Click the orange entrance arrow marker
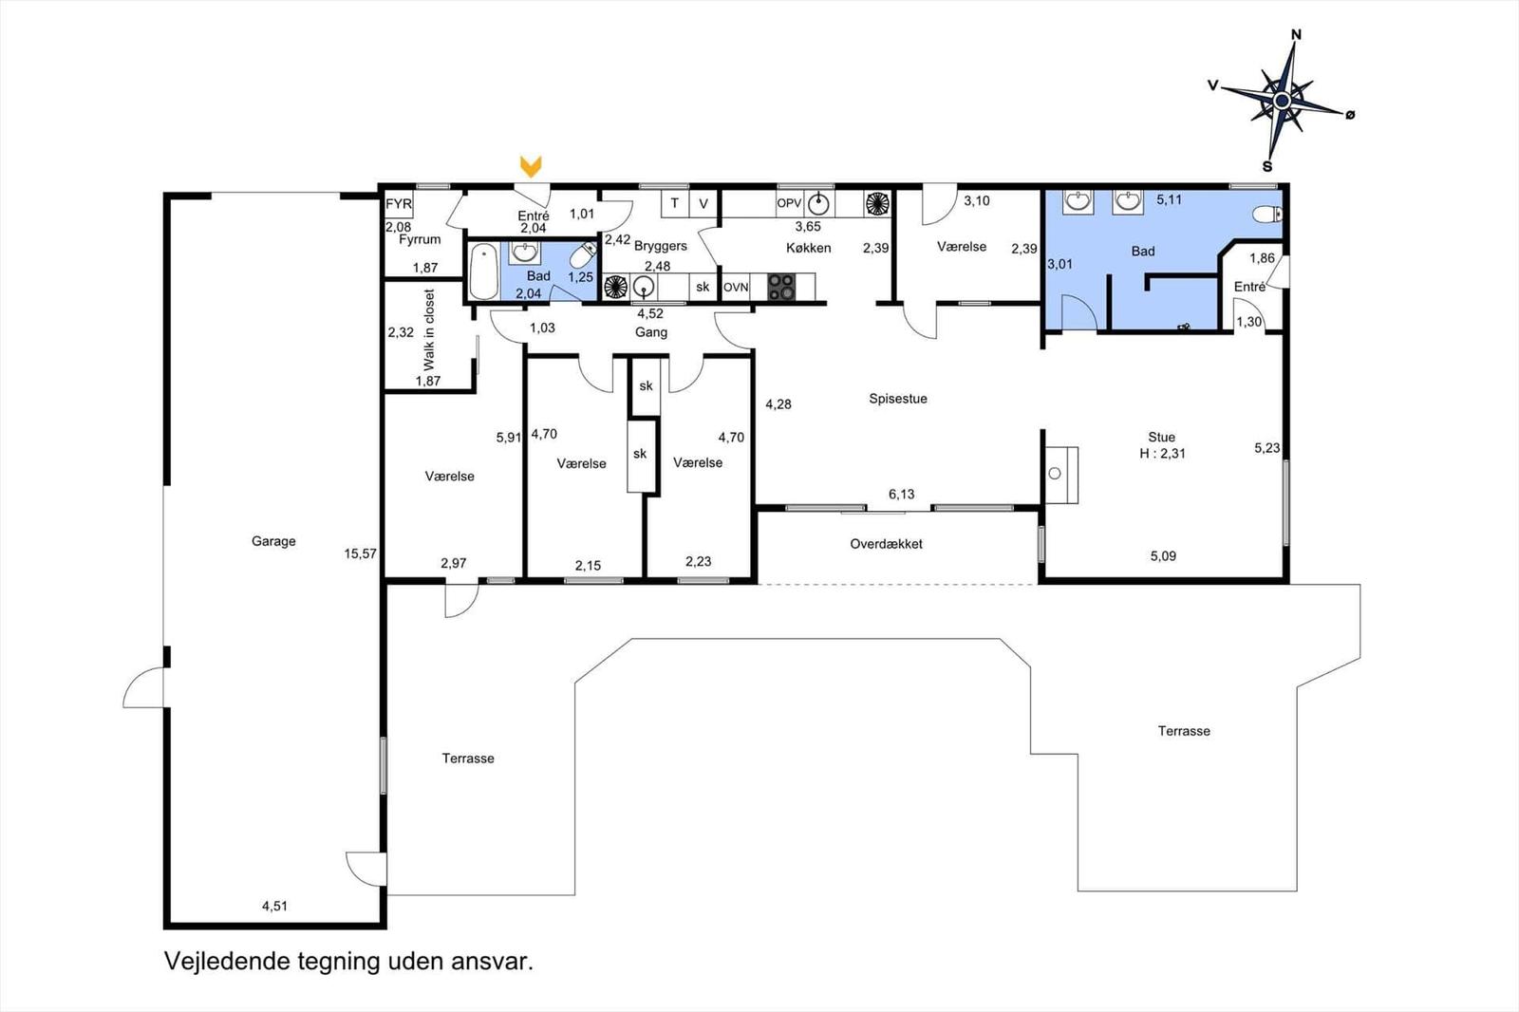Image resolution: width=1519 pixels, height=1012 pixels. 531,167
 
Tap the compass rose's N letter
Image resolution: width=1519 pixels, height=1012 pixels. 1296,35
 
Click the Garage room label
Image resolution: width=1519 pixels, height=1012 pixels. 273,541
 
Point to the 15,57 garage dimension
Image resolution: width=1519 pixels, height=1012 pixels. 361,553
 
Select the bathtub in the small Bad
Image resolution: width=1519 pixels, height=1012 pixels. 484,271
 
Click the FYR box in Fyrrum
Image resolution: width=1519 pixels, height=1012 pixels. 399,204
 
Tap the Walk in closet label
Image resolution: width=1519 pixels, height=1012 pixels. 429,329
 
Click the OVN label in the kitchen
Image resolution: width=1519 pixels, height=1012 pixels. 736,287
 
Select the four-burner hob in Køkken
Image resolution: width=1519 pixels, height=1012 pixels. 780,287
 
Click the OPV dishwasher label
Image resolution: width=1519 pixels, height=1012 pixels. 790,203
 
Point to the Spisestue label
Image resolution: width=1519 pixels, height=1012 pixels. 898,399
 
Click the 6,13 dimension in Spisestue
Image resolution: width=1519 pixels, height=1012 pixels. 901,494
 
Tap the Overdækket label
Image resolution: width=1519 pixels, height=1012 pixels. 886,544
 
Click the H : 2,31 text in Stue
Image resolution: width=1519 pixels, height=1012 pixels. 1162,454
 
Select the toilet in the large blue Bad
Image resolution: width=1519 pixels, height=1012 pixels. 1266,215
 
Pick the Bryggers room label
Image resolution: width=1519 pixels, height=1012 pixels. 661,246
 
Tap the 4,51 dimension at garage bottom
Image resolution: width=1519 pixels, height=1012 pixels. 274,906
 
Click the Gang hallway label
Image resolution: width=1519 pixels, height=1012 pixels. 651,332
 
